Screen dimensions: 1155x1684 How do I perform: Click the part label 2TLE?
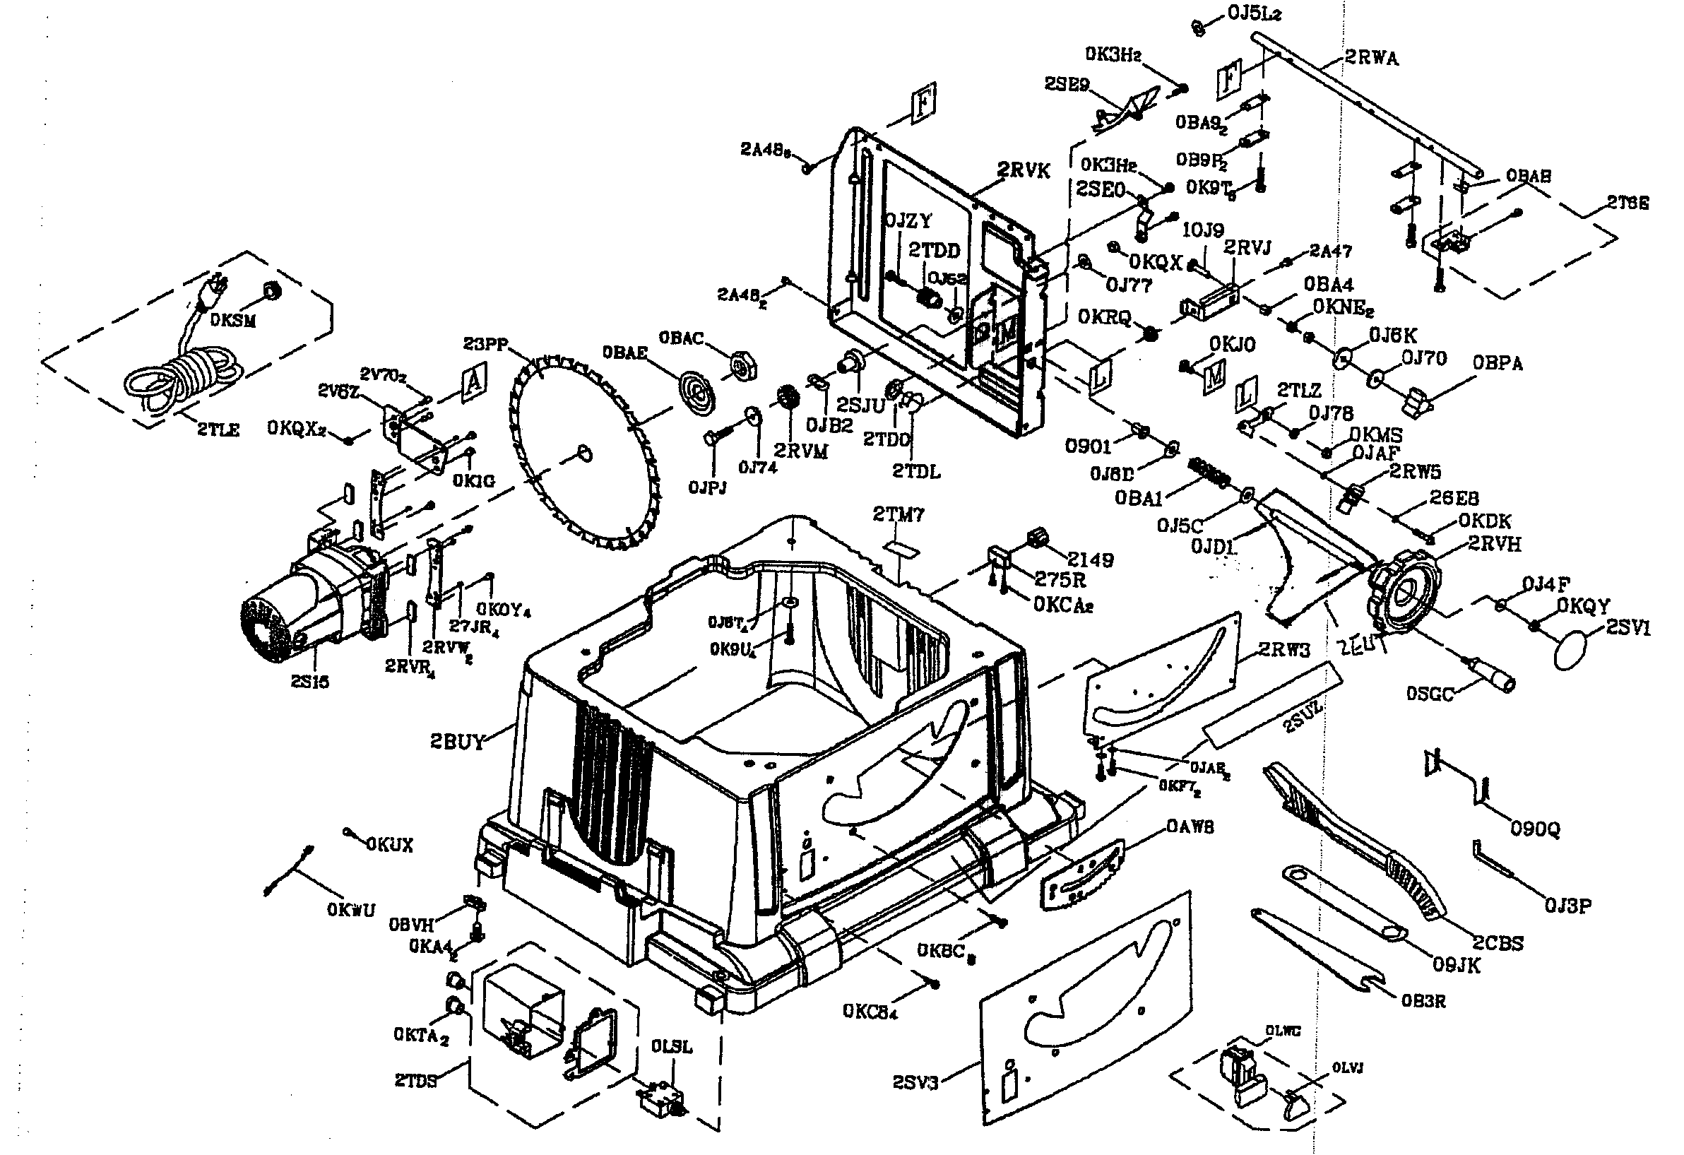click(218, 430)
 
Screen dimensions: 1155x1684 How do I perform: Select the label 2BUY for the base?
click(456, 742)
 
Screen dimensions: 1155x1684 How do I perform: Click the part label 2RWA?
click(1372, 58)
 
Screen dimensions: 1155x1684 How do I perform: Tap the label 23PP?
click(485, 343)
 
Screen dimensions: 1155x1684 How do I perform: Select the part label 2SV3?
click(915, 1082)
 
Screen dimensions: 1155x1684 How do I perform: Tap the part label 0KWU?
click(352, 910)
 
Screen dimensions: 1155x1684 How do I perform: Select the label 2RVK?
click(1023, 171)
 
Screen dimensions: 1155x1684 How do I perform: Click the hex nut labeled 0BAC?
click(742, 366)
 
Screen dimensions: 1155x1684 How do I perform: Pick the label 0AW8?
click(1190, 826)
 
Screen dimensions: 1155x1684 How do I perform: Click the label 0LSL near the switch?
click(671, 1047)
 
